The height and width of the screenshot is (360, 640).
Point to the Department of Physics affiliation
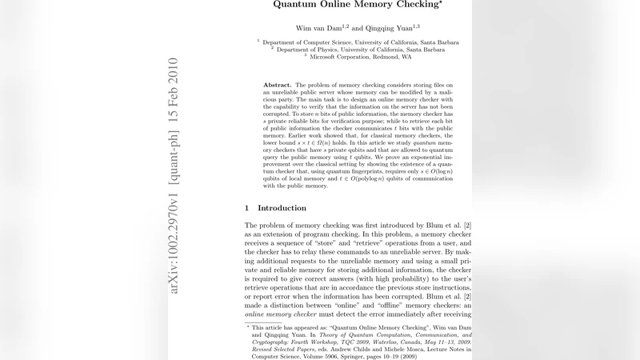tap(360, 50)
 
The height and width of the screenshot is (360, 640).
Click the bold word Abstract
tap(278, 84)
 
